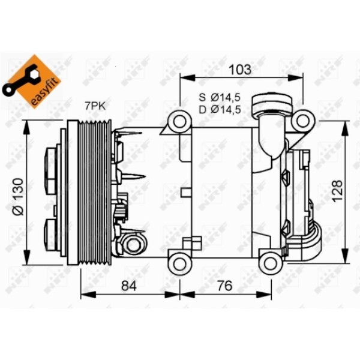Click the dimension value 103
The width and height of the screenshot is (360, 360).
[x=240, y=69]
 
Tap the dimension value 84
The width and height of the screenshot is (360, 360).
[x=129, y=286]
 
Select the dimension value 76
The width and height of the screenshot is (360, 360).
[x=225, y=286]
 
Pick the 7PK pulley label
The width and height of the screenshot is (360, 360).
[x=94, y=106]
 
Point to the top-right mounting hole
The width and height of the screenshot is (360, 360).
[x=301, y=122]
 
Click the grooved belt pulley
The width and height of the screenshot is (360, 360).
[x=90, y=192]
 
